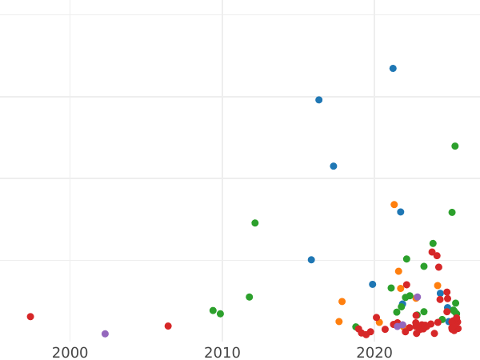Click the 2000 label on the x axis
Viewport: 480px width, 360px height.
click(70, 351)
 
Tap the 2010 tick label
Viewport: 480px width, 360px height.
click(222, 351)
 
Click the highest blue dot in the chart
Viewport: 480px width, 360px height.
click(393, 69)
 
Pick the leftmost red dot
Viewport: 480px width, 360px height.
click(30, 317)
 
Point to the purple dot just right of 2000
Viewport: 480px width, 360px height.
click(105, 334)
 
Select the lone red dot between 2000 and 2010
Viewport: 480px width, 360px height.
click(168, 326)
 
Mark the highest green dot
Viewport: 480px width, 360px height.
click(455, 146)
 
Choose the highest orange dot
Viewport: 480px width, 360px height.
click(394, 205)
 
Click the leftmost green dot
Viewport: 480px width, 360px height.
click(213, 310)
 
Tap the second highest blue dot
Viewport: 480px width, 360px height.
click(318, 100)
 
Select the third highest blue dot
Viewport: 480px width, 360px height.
click(334, 166)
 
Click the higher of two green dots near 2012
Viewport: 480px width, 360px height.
click(255, 223)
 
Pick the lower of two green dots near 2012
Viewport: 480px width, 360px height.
click(250, 297)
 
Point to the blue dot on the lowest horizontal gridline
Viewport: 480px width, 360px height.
click(311, 260)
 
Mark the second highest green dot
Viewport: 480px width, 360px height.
click(452, 213)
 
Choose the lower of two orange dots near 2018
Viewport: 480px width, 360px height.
click(339, 322)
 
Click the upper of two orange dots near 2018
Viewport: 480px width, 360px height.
click(342, 302)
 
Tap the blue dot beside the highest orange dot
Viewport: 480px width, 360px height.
click(401, 212)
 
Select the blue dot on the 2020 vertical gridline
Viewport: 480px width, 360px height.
click(372, 284)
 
